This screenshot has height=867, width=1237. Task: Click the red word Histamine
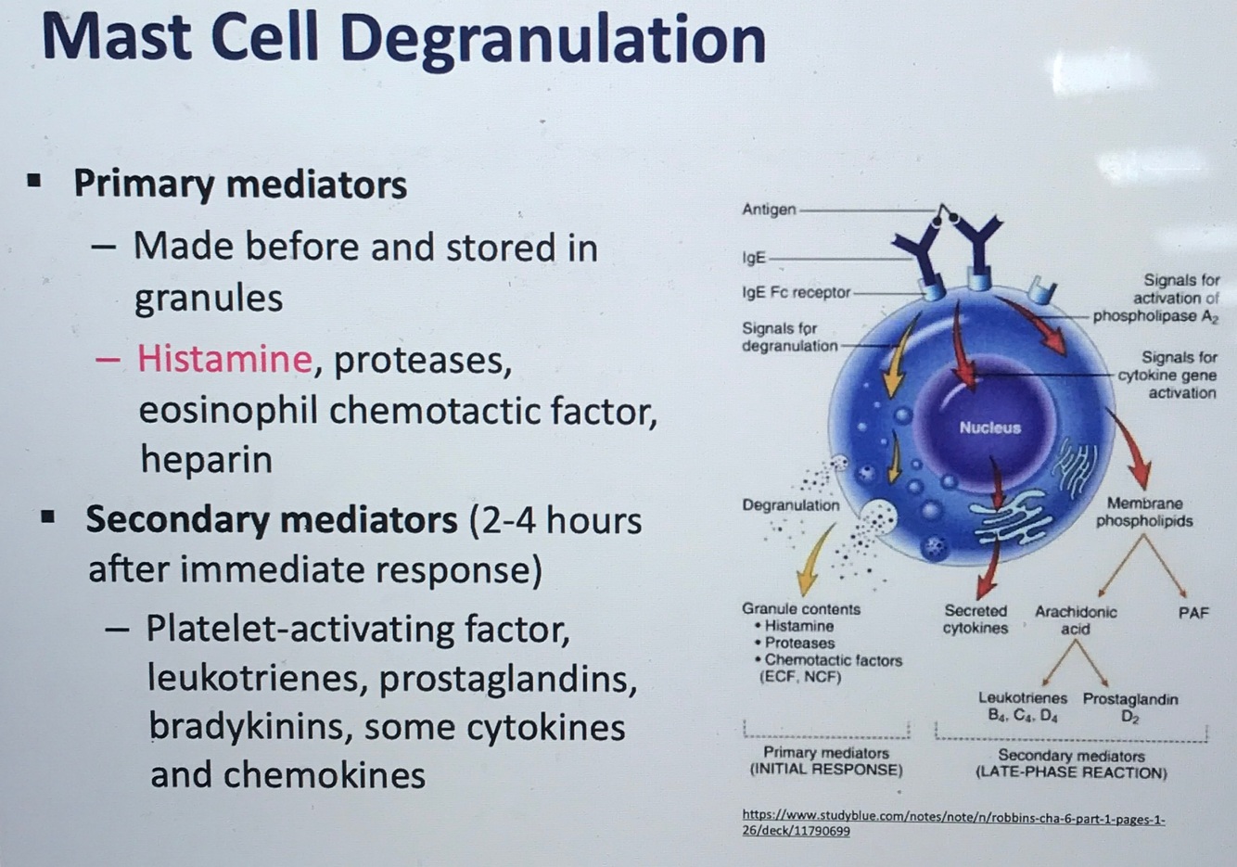pyautogui.click(x=224, y=359)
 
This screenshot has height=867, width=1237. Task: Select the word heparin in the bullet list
pyautogui.click(x=206, y=459)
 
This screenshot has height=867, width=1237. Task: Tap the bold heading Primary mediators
pyautogui.click(x=240, y=184)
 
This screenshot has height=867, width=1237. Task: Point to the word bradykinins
pyautogui.click(x=248, y=727)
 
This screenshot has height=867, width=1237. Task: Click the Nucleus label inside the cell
pyautogui.click(x=989, y=427)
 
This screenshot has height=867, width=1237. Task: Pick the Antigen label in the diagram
pyautogui.click(x=769, y=210)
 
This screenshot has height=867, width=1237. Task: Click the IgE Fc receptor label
pyautogui.click(x=796, y=292)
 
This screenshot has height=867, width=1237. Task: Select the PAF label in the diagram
pyautogui.click(x=1193, y=613)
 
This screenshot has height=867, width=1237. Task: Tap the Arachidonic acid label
pyautogui.click(x=1076, y=620)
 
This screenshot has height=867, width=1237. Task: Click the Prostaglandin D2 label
pyautogui.click(x=1130, y=707)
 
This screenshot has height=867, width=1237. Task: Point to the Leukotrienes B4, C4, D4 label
pyautogui.click(x=1023, y=707)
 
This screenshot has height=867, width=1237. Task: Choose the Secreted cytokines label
pyautogui.click(x=976, y=619)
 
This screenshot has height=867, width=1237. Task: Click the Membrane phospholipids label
pyautogui.click(x=1144, y=512)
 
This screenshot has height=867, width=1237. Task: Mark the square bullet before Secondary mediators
pyautogui.click(x=48, y=516)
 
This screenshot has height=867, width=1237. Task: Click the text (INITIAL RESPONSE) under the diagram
pyautogui.click(x=825, y=770)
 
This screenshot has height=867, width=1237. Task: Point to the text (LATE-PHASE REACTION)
pyautogui.click(x=1071, y=772)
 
